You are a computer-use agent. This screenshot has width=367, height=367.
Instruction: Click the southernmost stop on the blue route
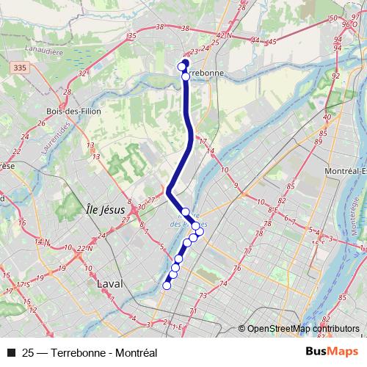[x=167, y=286]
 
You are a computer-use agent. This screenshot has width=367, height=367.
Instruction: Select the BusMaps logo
[x=332, y=352]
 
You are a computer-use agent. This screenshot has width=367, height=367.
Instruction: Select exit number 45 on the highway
[x=271, y=41]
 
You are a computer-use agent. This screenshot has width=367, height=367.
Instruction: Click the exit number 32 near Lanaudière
[x=83, y=73]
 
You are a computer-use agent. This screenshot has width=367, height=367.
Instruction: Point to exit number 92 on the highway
[x=336, y=76]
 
